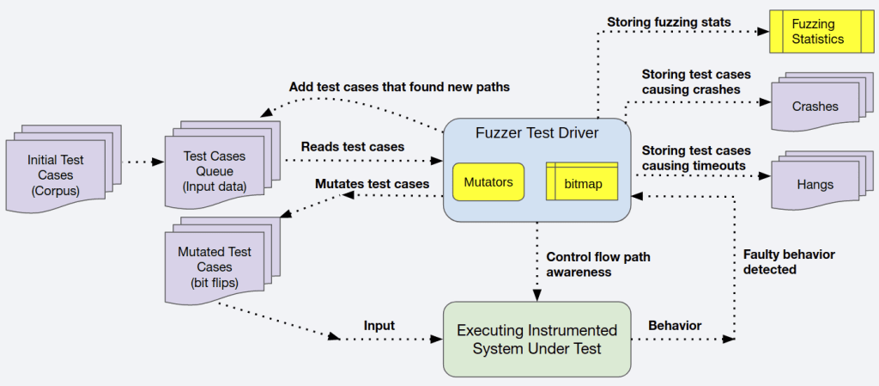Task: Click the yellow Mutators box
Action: click(x=488, y=182)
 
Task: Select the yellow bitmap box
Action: click(x=581, y=182)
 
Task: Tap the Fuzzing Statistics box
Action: click(x=818, y=32)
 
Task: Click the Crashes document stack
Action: click(x=815, y=107)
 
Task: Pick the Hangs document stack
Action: click(x=815, y=182)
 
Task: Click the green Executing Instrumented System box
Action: click(x=536, y=339)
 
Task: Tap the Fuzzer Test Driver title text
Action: click(x=536, y=134)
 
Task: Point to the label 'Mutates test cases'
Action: click(x=372, y=184)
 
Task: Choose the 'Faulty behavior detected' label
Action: click(x=788, y=261)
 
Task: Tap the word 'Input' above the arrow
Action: click(x=379, y=326)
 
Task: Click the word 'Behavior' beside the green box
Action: click(x=674, y=326)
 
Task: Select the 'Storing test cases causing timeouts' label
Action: click(x=696, y=158)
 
